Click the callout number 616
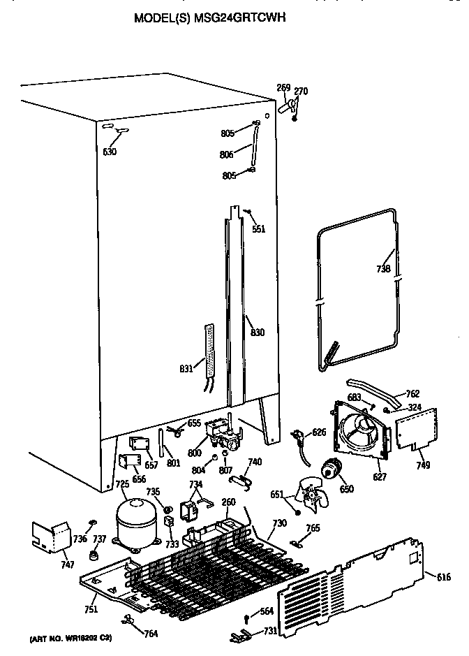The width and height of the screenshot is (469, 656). pos(443,576)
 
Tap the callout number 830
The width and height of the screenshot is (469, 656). pos(258,333)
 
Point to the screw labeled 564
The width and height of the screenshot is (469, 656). pos(247,618)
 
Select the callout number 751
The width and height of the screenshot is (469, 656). pos(90,609)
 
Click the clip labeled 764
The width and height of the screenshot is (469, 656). pos(128,619)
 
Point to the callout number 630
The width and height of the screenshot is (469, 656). pos(110,152)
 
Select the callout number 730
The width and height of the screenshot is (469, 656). pos(279,523)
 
